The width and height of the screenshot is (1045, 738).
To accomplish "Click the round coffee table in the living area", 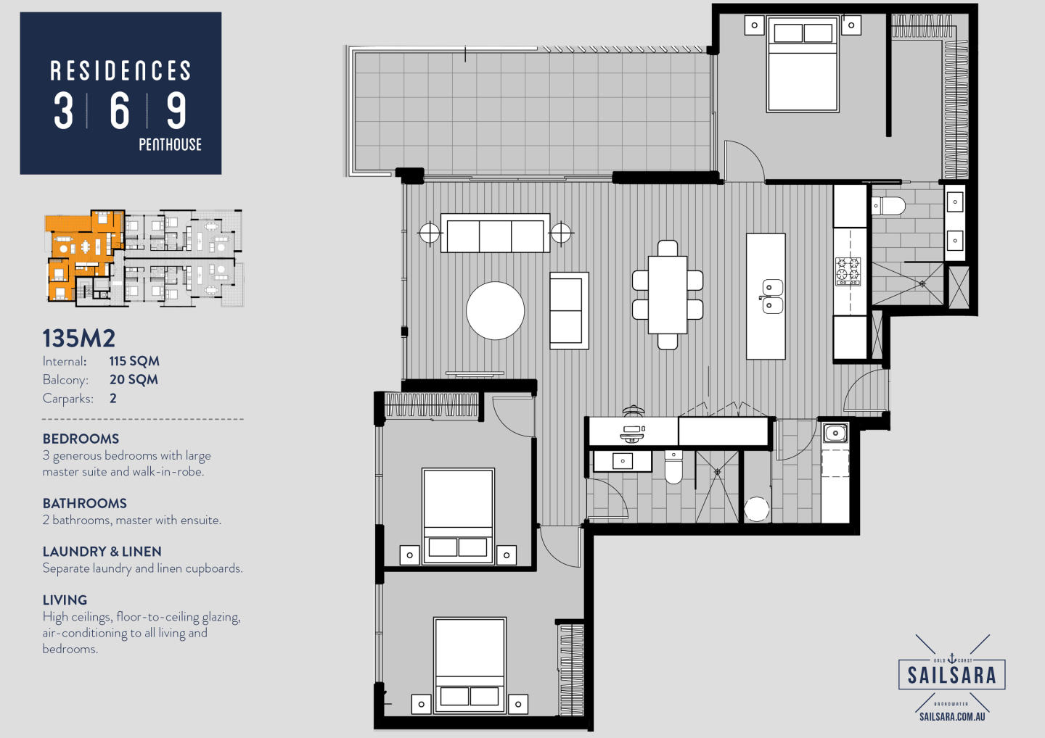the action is (x=495, y=310).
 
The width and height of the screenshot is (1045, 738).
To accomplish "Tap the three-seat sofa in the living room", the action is (x=495, y=233).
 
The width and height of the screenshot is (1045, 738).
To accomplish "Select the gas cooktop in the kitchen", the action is (x=848, y=271).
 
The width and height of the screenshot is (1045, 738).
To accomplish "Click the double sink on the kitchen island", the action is (x=772, y=297).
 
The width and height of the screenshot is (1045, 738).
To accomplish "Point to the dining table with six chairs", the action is (x=668, y=295).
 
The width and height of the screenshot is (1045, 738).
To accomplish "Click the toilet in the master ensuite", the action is (x=888, y=205).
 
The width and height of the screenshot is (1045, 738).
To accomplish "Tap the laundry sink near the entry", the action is (x=835, y=434).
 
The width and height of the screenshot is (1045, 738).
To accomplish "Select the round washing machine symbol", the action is (x=756, y=509).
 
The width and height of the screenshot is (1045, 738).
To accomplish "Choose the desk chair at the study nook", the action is (x=633, y=410).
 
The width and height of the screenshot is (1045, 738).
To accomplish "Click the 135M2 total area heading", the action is (x=79, y=339).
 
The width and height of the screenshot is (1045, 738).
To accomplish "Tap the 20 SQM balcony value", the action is (x=134, y=380).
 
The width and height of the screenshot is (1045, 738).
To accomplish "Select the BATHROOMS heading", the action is (x=84, y=503).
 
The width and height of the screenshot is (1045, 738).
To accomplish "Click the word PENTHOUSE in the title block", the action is (x=171, y=144).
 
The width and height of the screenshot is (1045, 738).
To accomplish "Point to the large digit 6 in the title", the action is (x=120, y=110).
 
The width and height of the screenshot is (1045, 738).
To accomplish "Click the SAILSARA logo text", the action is (x=951, y=675).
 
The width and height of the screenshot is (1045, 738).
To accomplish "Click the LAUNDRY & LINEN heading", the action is (x=102, y=552).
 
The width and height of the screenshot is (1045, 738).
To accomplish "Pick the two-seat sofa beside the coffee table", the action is (x=569, y=311).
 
